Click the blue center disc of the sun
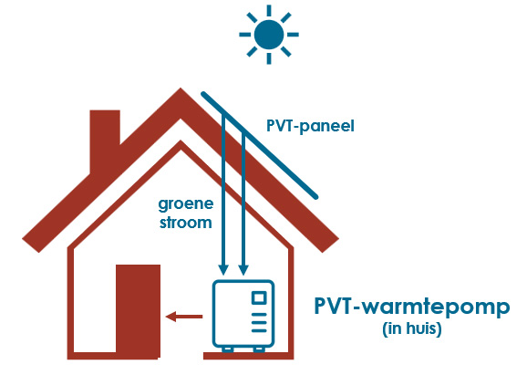(x=269, y=35)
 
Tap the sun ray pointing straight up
(x=269, y=10)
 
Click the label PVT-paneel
(x=310, y=127)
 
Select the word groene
(x=186, y=204)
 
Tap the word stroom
(x=185, y=223)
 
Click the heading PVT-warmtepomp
(x=412, y=307)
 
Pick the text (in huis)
(x=412, y=328)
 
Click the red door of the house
(x=138, y=310)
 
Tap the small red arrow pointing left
(x=184, y=317)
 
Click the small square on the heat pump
(x=259, y=297)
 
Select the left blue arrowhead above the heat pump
(x=223, y=270)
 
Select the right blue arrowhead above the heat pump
(x=243, y=270)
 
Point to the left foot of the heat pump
(x=228, y=349)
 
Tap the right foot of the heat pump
(x=259, y=349)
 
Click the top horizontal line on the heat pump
(x=259, y=315)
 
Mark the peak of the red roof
(x=181, y=89)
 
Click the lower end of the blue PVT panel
(x=315, y=197)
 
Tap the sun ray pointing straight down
(x=269, y=58)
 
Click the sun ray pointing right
(x=293, y=35)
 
